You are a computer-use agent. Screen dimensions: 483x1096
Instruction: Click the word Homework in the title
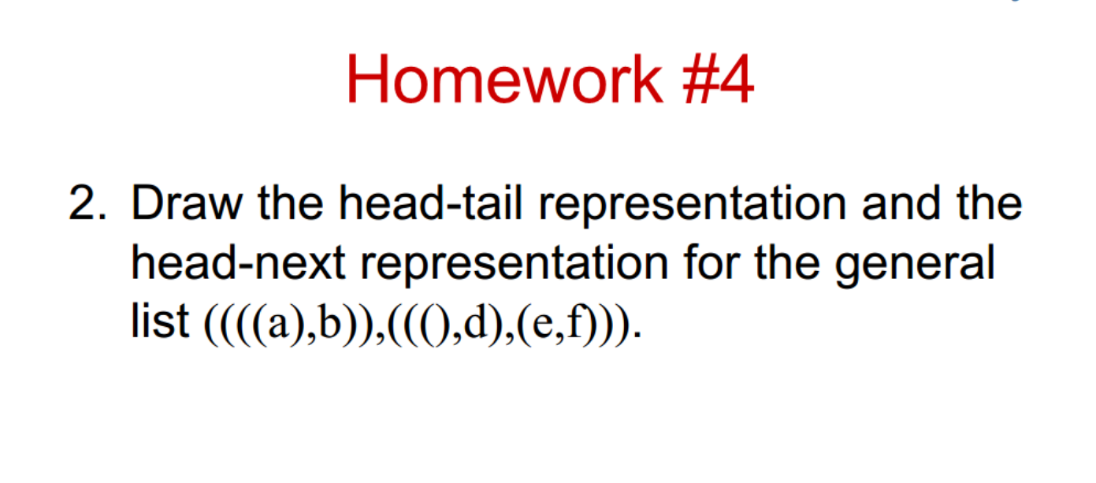pos(504,80)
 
